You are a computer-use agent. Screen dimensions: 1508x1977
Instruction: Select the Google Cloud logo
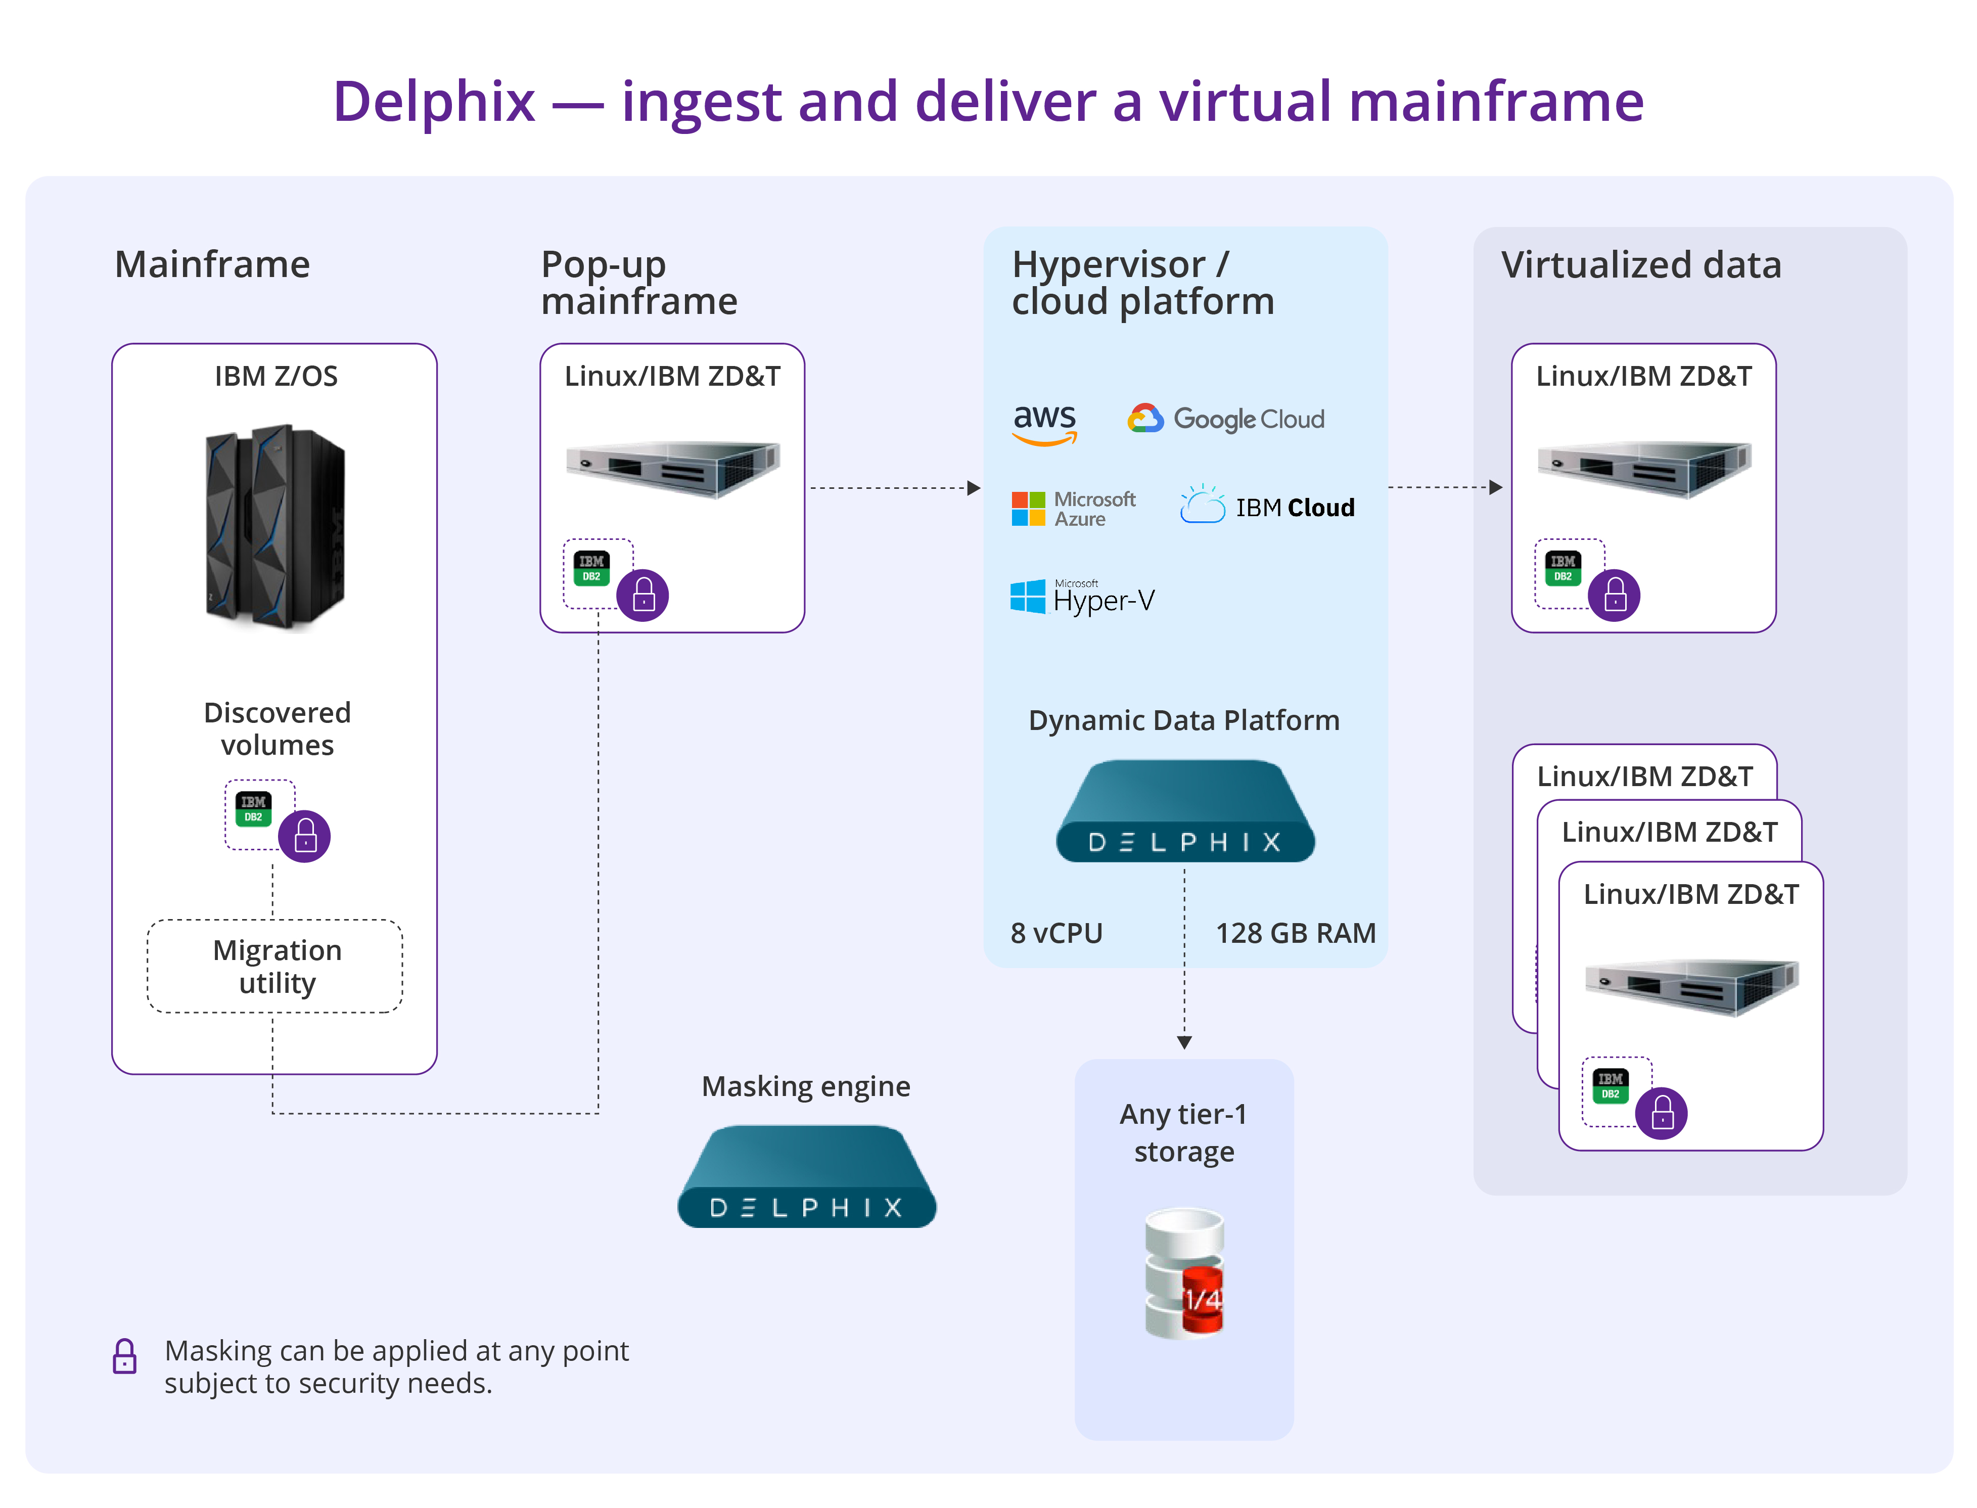1225,419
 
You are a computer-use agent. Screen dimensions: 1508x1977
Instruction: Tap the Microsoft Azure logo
1072,509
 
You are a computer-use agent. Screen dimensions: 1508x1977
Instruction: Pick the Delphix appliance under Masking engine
806,1178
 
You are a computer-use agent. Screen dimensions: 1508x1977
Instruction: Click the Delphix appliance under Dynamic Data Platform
1184,812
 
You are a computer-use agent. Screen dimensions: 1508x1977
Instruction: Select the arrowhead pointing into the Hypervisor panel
974,488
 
